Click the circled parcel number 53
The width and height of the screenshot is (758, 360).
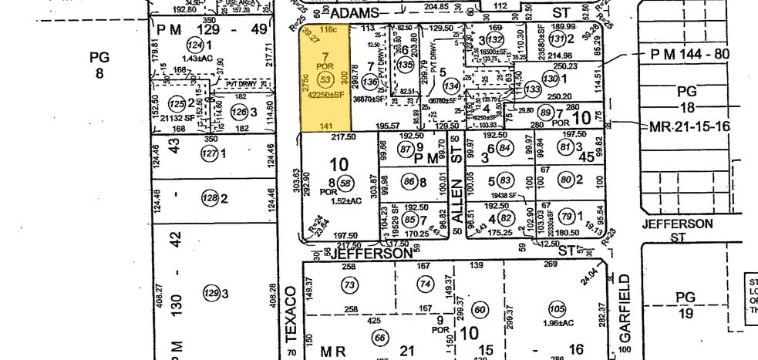pyautogui.click(x=325, y=80)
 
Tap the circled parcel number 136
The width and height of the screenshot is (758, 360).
pyautogui.click(x=370, y=81)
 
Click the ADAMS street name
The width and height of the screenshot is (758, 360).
pyautogui.click(x=355, y=13)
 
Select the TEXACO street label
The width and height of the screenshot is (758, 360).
pyautogui.click(x=291, y=311)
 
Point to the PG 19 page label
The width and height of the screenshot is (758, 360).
pyautogui.click(x=686, y=304)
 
